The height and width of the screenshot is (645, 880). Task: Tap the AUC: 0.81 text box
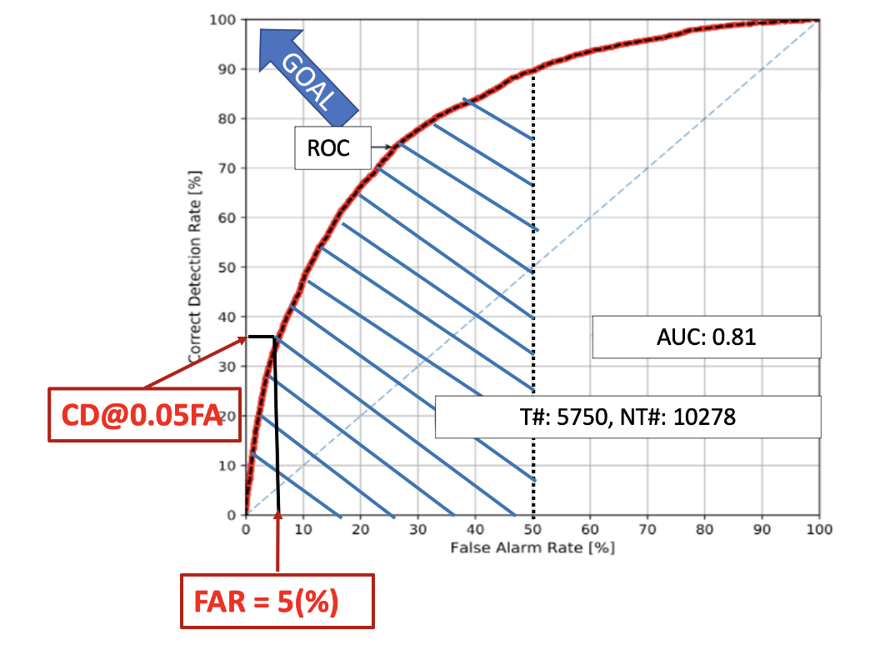click(x=707, y=337)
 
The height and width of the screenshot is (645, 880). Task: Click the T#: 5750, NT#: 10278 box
click(x=628, y=417)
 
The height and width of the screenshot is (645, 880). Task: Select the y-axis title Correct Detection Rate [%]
click(x=195, y=267)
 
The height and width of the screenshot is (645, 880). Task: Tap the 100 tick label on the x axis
click(x=819, y=529)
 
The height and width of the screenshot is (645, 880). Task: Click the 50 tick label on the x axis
click(x=532, y=529)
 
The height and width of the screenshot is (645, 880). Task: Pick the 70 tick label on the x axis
click(x=647, y=529)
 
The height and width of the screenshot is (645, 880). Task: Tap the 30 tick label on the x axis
click(x=417, y=529)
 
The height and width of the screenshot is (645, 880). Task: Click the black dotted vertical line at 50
click(x=533, y=333)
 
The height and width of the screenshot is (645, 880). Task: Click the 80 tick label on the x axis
click(x=705, y=529)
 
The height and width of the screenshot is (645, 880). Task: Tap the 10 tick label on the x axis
click(x=303, y=529)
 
